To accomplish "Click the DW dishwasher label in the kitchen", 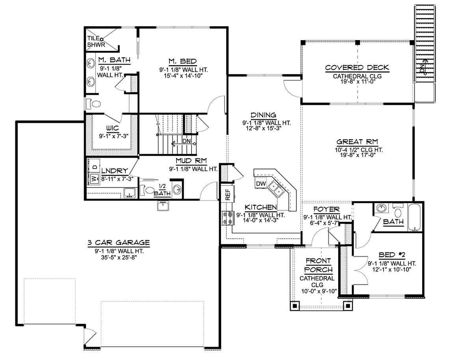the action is tap(261, 184).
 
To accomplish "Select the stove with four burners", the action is tap(227, 218).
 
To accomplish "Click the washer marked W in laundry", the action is tap(94, 178).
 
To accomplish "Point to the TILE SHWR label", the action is tap(96, 42).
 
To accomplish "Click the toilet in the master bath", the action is tap(94, 104).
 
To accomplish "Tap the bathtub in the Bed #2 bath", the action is tap(414, 218).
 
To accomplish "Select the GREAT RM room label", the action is tap(357, 142).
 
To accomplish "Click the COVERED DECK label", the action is tap(357, 68).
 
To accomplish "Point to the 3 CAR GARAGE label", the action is tap(119, 243).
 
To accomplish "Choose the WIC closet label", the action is tap(112, 128).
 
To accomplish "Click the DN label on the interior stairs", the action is tap(186, 141).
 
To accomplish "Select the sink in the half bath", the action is tap(177, 190).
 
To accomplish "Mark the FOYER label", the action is tap(326, 209).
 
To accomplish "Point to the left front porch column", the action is tap(295, 306).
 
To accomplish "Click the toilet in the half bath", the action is tap(147, 190).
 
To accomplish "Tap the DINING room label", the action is tap(263, 115).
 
